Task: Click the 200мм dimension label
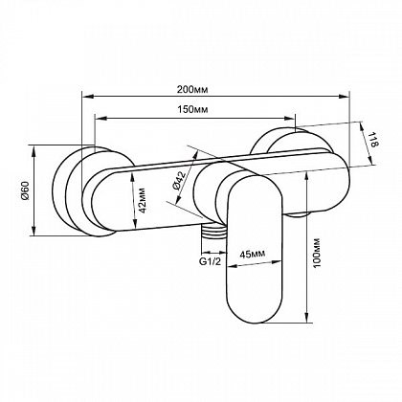192,90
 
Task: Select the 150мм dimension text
192,110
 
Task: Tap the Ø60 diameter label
26,190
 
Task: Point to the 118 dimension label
374,140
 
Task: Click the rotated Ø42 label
179,181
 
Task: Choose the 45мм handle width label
253,254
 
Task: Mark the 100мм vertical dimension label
317,253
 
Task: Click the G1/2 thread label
210,262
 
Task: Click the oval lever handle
254,251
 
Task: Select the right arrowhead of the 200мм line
344,96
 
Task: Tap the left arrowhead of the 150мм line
100,119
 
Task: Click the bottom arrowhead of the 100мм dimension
306,317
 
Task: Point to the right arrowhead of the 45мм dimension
277,263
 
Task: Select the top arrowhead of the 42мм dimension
133,177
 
